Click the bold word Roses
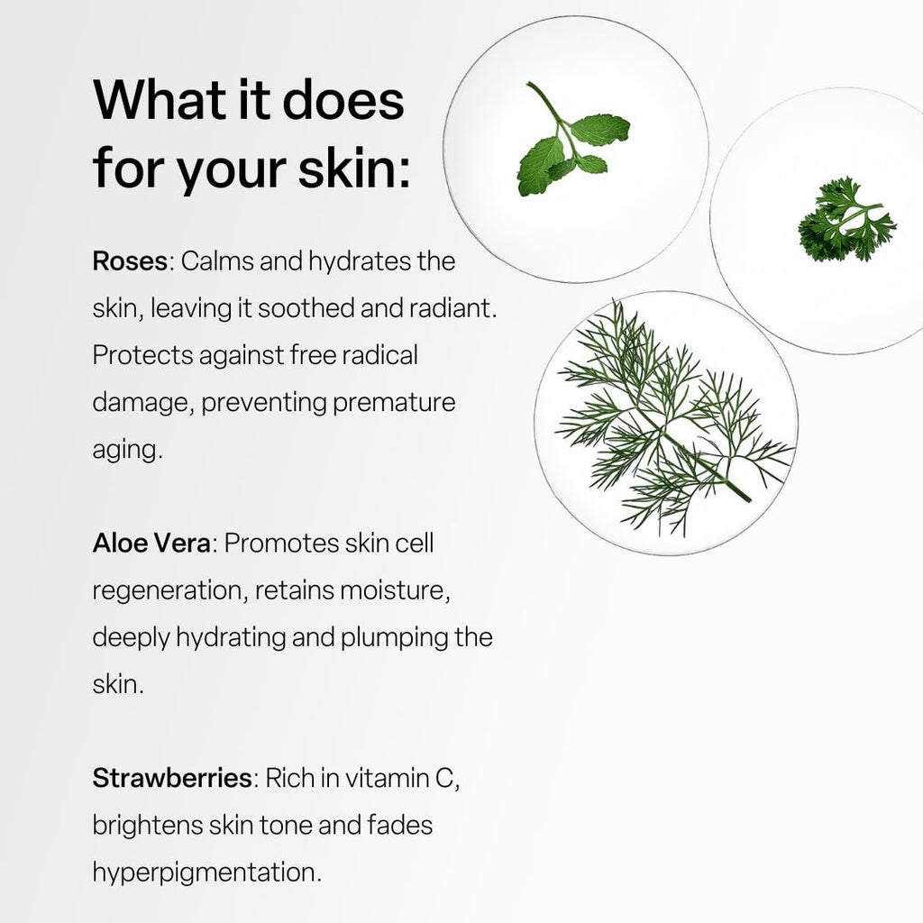click(130, 260)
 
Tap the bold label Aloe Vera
click(151, 543)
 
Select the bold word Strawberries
click(172, 778)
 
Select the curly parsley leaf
click(846, 220)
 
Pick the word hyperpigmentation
click(206, 873)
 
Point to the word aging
click(127, 451)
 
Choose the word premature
click(394, 403)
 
